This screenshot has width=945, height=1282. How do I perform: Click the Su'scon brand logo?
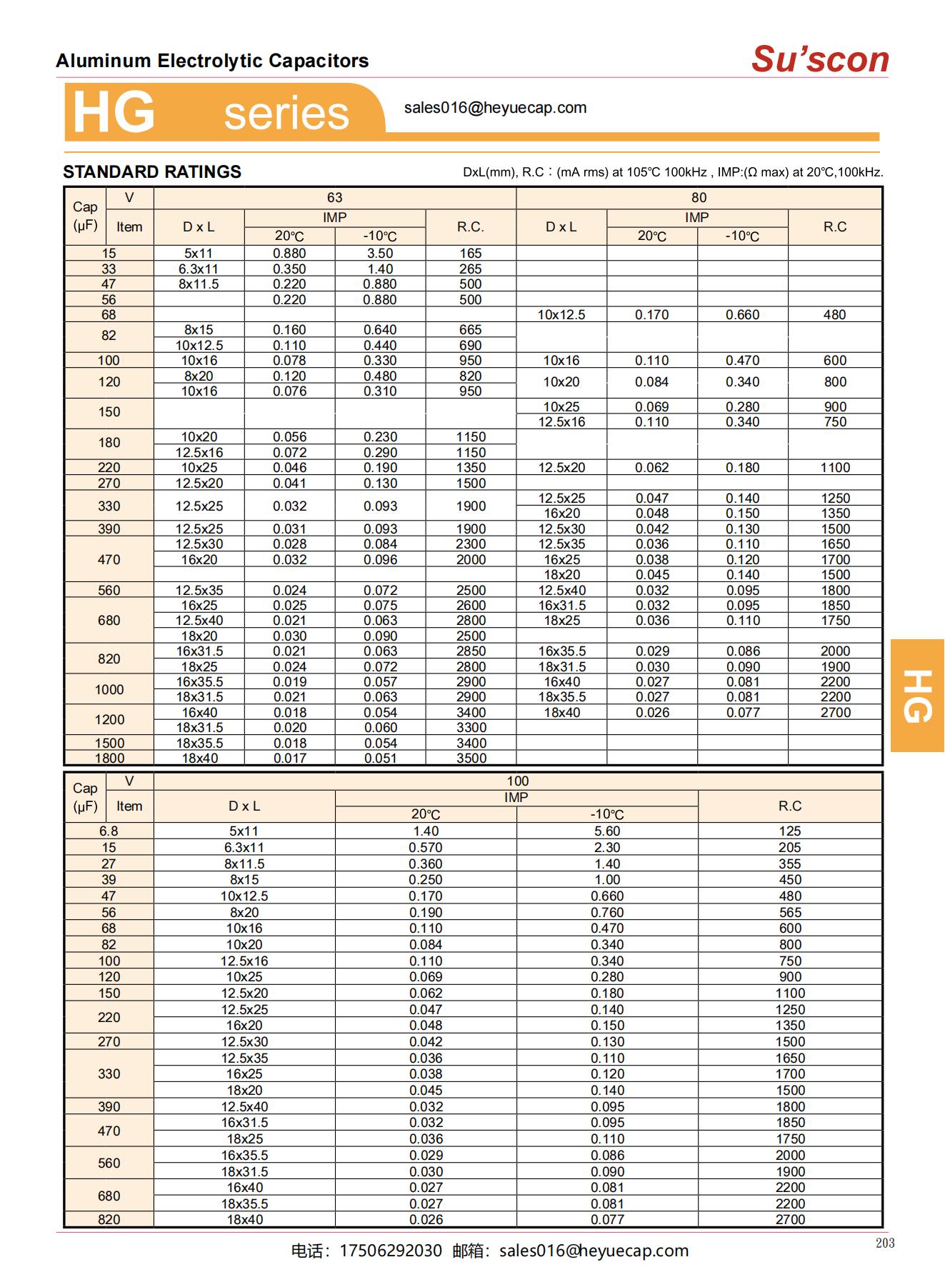coord(820,59)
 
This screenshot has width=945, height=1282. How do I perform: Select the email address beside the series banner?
coord(495,108)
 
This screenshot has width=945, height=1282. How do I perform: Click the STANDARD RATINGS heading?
coord(152,172)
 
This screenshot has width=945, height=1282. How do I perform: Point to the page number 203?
coord(884,1243)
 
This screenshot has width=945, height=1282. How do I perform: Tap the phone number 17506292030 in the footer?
coord(391,1251)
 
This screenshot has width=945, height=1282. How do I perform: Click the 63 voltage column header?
coord(334,198)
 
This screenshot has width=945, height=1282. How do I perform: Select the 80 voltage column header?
coord(699,198)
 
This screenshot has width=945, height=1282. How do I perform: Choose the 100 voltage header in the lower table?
coord(518,781)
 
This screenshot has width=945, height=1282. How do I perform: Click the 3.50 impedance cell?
coord(380,254)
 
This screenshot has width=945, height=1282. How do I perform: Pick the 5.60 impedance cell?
coord(607,831)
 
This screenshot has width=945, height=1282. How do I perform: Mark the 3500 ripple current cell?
coord(471,758)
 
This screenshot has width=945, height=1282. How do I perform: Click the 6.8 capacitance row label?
coord(109,831)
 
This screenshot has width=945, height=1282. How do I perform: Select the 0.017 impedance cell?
coord(289,758)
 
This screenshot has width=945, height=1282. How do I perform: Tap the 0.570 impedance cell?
coord(426,848)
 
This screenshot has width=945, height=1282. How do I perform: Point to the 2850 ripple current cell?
coord(471,651)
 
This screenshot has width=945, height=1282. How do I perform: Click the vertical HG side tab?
coord(918,696)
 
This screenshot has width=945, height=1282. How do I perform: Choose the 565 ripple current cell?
coord(790,913)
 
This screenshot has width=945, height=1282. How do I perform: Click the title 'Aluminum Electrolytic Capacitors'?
coord(212,61)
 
